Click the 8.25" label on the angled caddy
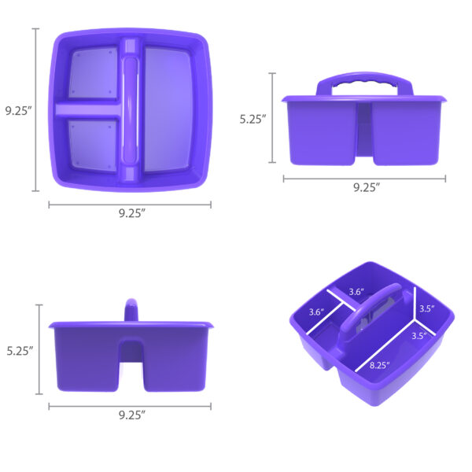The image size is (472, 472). [381, 364]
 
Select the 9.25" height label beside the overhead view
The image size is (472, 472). [17, 111]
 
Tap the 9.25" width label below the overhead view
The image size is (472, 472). [130, 213]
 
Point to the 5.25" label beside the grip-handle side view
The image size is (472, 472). [253, 120]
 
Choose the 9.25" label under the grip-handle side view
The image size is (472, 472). [366, 187]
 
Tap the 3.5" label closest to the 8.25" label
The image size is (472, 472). [419, 335]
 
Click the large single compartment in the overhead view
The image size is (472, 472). [168, 110]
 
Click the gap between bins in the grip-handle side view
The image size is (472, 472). [364, 134]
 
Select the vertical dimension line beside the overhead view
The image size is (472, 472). [35, 109]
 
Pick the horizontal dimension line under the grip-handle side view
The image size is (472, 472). [364, 179]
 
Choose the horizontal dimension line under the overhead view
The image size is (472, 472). [130, 205]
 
